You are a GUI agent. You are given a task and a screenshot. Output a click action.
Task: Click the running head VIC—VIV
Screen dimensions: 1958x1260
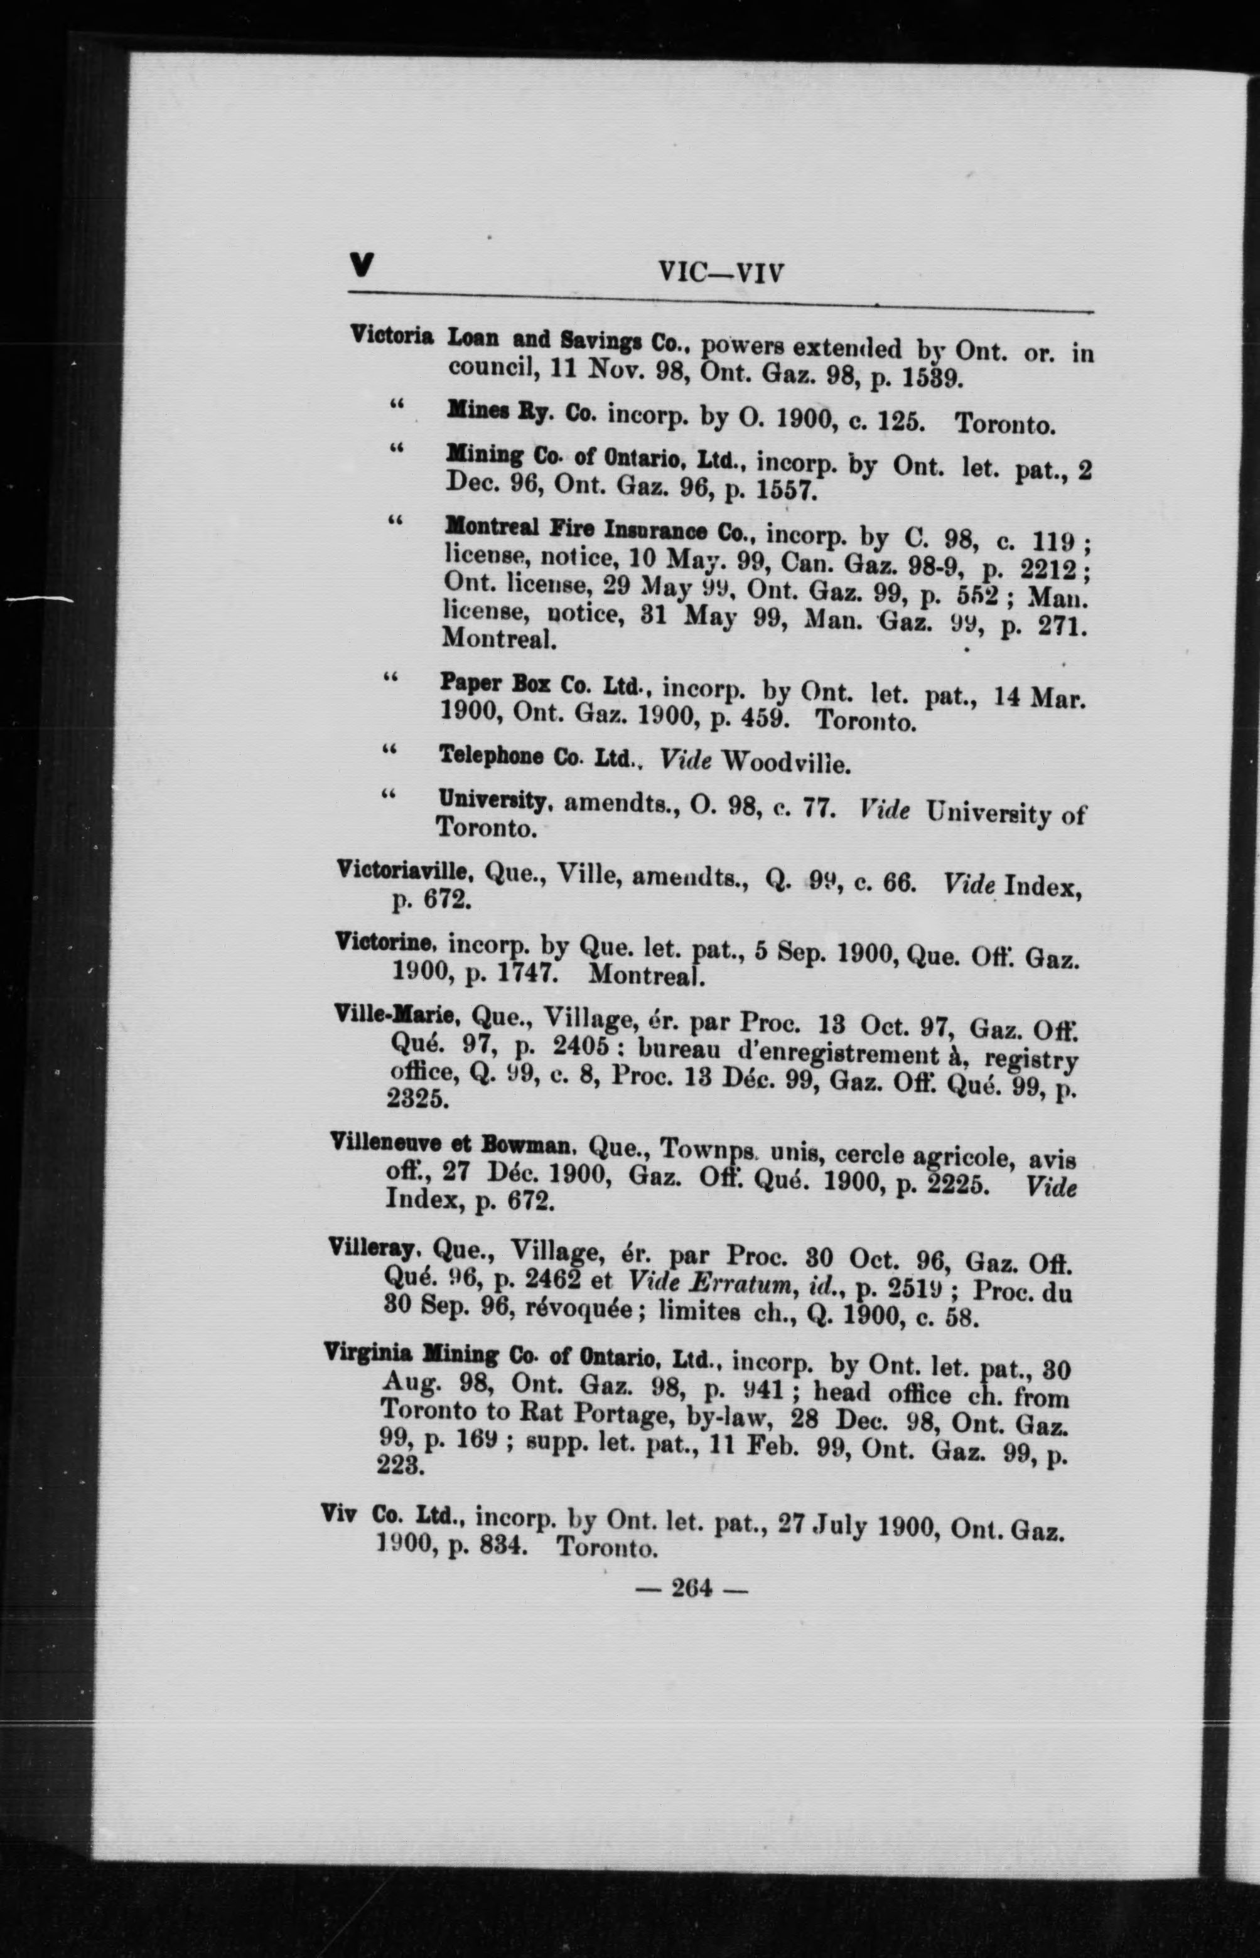721,272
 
